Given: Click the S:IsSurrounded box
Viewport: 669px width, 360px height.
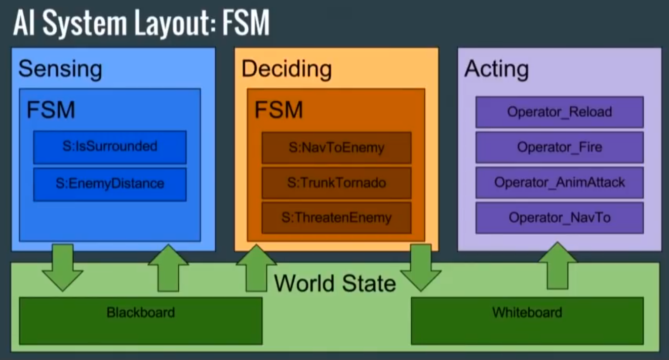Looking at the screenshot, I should (110, 147).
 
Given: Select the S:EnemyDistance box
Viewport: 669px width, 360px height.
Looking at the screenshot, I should (110, 183).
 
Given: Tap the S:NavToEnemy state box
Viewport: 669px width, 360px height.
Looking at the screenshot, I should (336, 148).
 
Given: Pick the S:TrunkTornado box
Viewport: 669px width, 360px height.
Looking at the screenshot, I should (336, 183).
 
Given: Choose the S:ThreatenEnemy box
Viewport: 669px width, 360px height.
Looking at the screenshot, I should (336, 218).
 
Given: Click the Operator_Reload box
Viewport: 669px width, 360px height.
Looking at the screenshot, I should (559, 112).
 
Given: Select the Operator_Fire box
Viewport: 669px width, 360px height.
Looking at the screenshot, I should (559, 147).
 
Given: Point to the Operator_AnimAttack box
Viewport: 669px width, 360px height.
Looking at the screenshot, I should (559, 182).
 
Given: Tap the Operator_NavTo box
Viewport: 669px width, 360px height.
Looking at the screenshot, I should (559, 218).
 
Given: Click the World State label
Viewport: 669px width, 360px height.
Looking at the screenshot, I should (335, 283).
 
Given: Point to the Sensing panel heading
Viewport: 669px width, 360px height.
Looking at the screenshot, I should (60, 69).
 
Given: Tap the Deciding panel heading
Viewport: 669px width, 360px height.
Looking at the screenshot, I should (287, 69).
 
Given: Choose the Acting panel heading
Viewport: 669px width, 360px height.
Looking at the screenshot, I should (496, 69).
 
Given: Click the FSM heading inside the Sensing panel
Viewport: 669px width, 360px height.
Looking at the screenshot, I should (51, 110).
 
